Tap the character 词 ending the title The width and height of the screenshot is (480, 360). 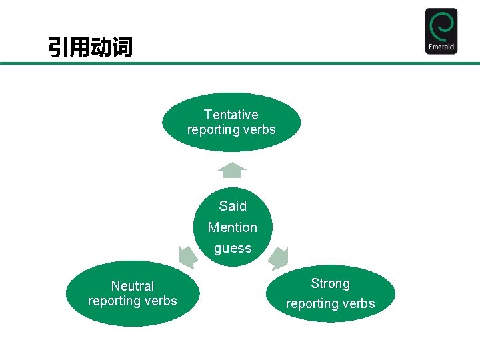[122, 47]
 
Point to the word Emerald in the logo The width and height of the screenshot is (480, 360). [441, 47]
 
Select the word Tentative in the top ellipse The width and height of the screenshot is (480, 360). [231, 115]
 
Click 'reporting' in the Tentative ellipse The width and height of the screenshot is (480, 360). [214, 130]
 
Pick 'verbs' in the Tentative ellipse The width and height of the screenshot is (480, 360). [259, 130]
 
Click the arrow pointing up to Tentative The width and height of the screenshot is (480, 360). [232, 171]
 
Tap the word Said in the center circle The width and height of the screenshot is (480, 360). [233, 206]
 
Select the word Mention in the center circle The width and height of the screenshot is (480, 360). [232, 227]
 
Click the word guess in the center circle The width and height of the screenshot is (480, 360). [233, 249]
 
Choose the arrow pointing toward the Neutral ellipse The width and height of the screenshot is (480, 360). [187, 256]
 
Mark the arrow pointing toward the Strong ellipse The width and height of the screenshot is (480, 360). [277, 256]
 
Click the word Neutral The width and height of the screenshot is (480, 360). [133, 286]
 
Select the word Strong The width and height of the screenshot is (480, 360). [330, 283]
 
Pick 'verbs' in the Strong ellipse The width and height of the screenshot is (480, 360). [359, 304]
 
